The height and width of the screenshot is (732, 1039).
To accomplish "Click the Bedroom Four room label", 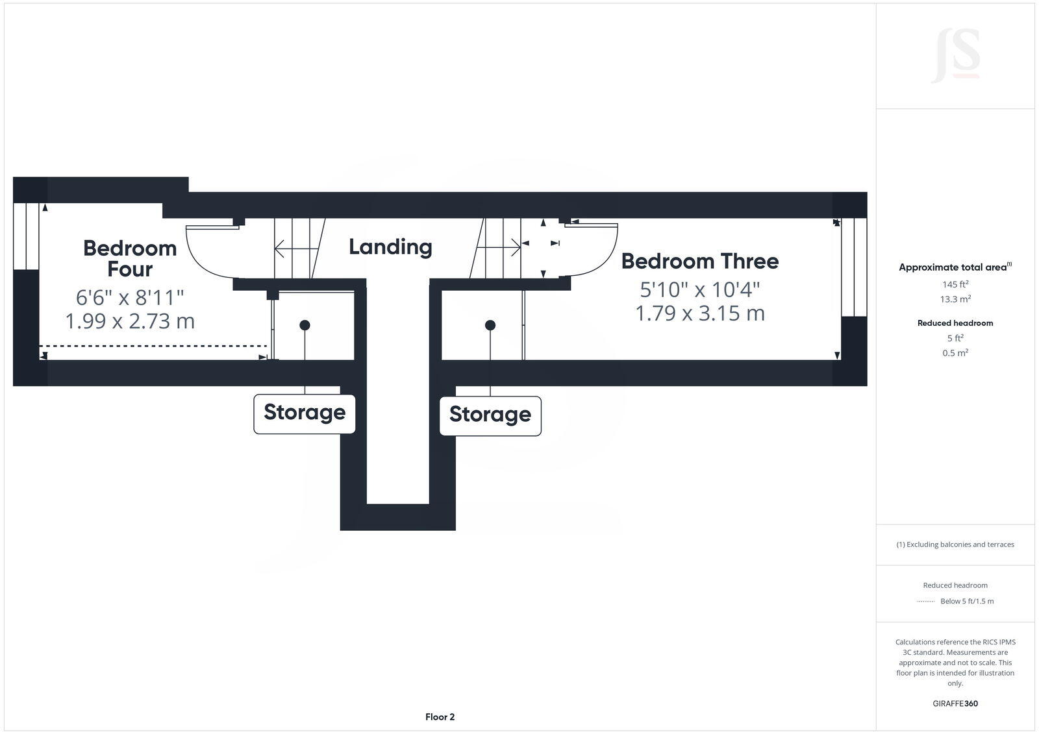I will coord(130,258).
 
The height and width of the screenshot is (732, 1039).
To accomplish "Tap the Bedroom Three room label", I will coord(699,261).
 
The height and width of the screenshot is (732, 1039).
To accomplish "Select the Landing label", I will coord(390,247).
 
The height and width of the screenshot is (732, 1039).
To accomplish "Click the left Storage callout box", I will coord(304,413).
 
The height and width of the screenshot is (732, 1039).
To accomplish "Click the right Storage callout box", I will coord(490,415).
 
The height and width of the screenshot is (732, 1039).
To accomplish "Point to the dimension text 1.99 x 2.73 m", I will coord(130,321).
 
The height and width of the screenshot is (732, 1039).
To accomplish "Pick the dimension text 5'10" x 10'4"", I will coord(700,288).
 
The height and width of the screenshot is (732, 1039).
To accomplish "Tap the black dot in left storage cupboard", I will coord(305,325).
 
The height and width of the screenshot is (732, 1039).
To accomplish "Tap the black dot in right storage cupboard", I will coord(490,325).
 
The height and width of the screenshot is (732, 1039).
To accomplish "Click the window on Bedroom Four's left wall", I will coord(26,236).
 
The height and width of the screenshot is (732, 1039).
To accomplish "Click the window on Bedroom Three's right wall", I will coord(854,267).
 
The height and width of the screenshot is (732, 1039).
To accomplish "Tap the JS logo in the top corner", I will coord(955,56).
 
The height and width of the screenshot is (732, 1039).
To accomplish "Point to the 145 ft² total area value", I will coord(955,284).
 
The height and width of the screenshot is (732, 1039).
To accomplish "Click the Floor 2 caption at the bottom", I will coord(440,717).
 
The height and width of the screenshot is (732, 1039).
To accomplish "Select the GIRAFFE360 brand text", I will coord(955,703).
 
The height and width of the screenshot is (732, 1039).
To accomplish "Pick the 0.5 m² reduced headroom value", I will coord(955,353).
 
